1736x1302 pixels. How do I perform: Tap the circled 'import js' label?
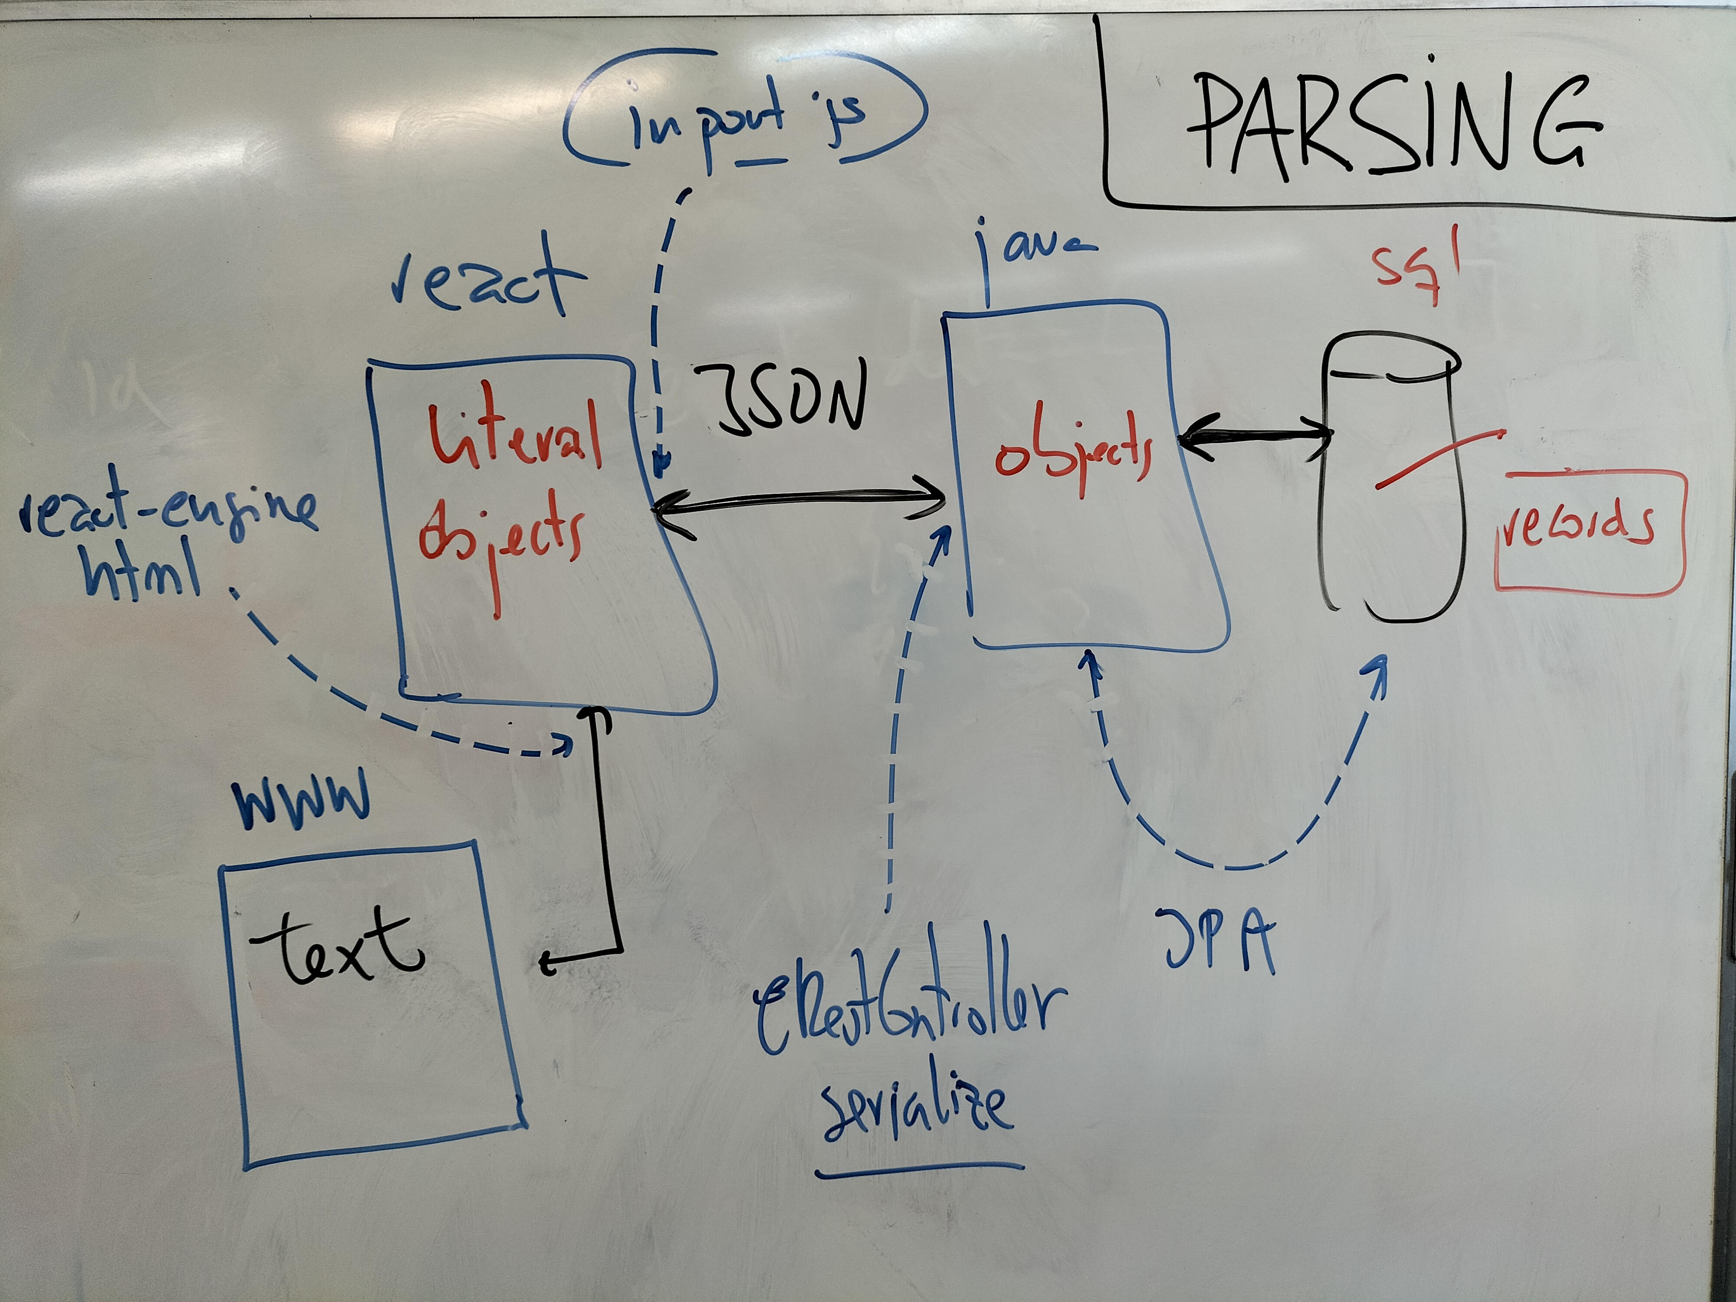coord(746,118)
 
